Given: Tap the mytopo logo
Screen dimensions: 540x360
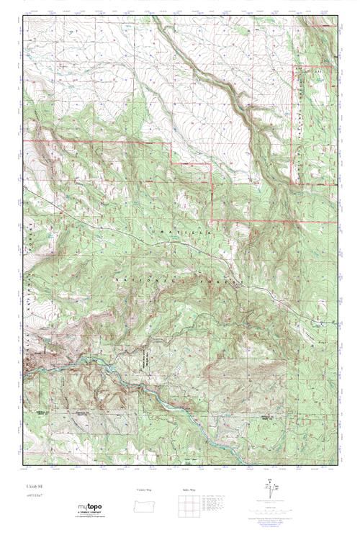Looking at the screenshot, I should point(86,508).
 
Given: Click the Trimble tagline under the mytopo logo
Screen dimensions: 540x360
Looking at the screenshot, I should point(86,516).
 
